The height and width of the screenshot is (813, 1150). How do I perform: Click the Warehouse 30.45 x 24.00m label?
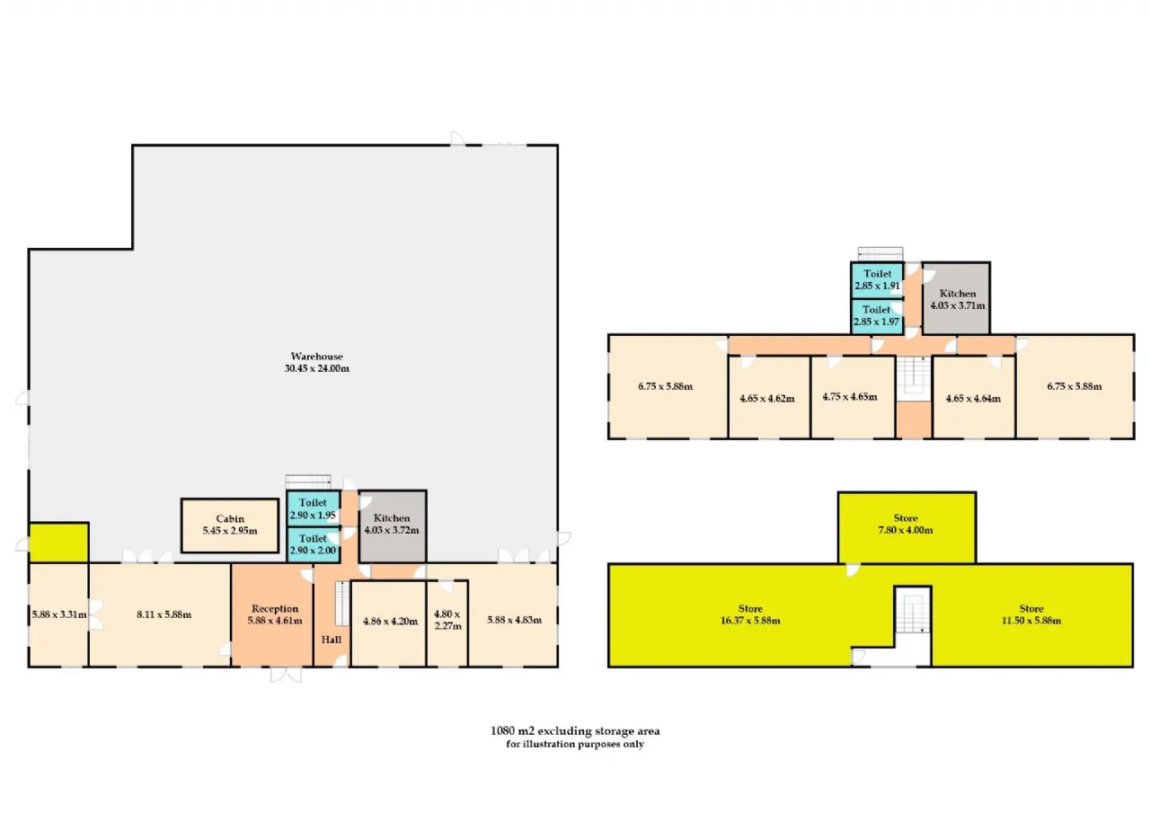(317, 362)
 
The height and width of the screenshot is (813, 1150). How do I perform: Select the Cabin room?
(230, 526)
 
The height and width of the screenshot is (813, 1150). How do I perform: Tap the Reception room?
(272, 614)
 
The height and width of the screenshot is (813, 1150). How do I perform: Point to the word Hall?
(332, 640)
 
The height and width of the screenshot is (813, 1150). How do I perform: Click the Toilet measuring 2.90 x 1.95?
(314, 508)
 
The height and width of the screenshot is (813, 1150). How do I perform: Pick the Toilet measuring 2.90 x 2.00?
(314, 544)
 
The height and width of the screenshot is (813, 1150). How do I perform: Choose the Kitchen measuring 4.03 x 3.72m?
(393, 526)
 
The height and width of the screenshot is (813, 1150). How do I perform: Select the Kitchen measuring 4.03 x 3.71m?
(956, 298)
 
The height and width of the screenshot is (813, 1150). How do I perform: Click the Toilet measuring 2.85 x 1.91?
(878, 280)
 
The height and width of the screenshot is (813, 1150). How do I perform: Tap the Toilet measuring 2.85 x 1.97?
(878, 316)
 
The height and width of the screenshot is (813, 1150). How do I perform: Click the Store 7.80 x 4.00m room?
(907, 527)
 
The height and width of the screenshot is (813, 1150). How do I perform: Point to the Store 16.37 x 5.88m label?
(750, 614)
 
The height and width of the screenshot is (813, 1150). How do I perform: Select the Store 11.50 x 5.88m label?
(1031, 614)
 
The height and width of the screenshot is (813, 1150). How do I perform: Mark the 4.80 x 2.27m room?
(447, 623)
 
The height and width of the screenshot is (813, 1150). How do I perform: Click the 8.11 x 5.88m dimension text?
(164, 614)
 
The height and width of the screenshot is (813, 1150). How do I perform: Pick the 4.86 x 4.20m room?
(389, 623)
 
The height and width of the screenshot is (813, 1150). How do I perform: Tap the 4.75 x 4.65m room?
(854, 397)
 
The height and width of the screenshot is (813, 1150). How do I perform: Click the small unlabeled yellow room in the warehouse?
(59, 543)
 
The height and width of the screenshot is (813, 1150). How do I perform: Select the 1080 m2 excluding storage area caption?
(575, 731)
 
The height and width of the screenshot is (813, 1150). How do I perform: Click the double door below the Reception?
(286, 675)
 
